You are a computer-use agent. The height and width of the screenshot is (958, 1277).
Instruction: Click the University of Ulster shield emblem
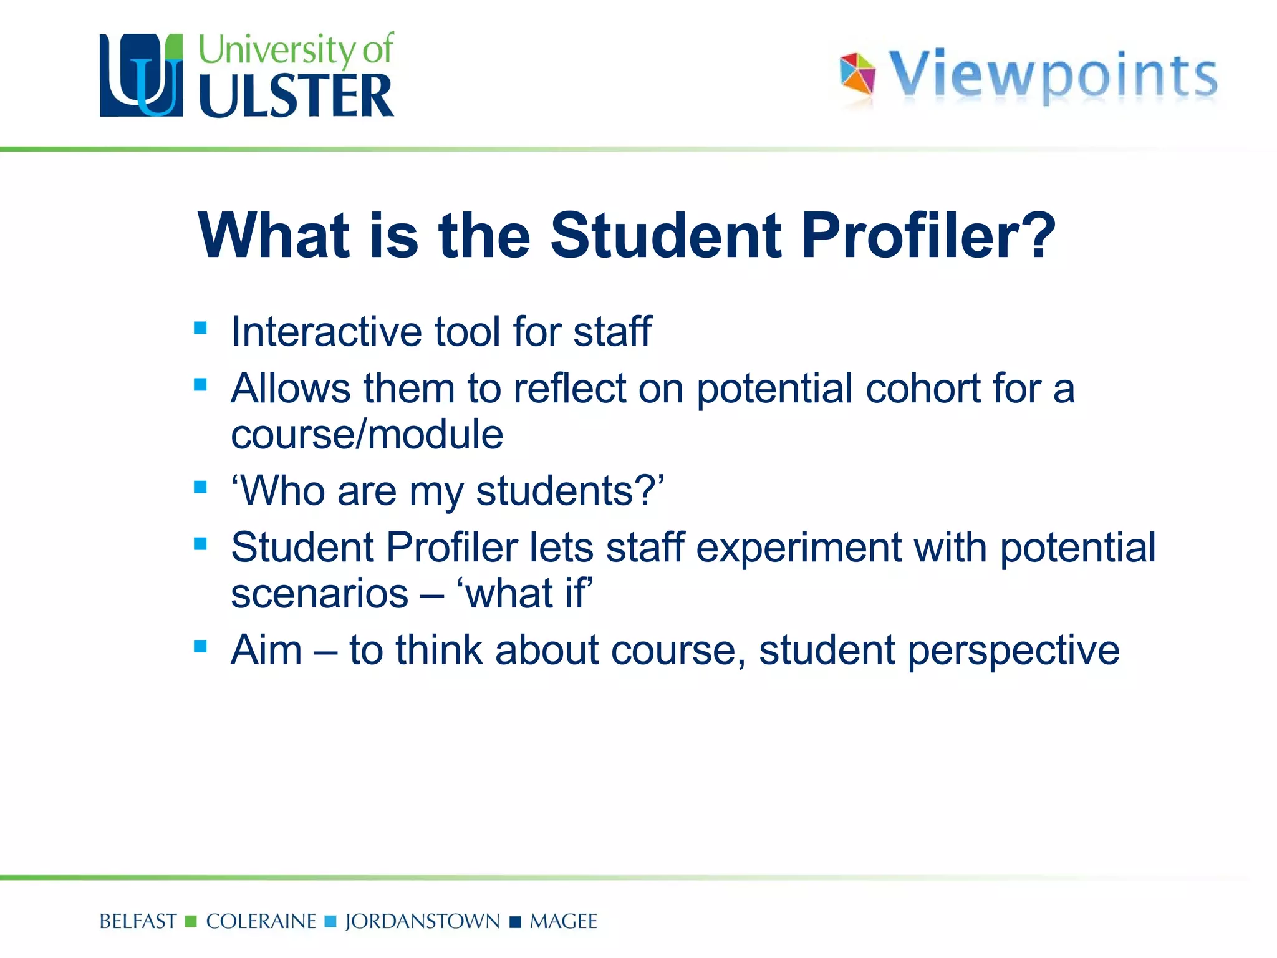pos(142,75)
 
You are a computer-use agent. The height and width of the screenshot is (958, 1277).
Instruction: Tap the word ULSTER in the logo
pos(296,97)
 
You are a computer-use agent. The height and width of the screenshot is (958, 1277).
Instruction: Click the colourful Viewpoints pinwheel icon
pos(857,74)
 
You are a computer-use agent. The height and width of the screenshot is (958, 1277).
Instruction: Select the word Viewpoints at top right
pos(1053,75)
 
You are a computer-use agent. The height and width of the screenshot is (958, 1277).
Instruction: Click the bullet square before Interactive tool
pos(200,327)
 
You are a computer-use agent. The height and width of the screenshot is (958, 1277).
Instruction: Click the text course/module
pos(367,435)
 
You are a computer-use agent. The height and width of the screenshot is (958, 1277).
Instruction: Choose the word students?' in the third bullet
pos(570,491)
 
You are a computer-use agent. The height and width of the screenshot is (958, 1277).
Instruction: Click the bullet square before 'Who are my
pos(200,486)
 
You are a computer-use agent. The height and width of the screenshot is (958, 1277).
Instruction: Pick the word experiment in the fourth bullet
pos(798,548)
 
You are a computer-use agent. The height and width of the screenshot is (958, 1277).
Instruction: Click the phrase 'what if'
pos(525,593)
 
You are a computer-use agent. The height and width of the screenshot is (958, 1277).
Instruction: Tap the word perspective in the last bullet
pos(1013,651)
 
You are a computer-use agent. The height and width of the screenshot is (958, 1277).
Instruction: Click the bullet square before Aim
pos(200,646)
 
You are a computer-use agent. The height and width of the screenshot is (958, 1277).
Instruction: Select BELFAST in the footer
pos(138,921)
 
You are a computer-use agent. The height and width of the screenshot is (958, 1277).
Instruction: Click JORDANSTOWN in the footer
pos(422,921)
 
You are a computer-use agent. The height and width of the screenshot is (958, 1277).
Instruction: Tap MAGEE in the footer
pos(563,921)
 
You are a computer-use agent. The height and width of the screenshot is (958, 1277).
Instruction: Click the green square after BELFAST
pos(191,921)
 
